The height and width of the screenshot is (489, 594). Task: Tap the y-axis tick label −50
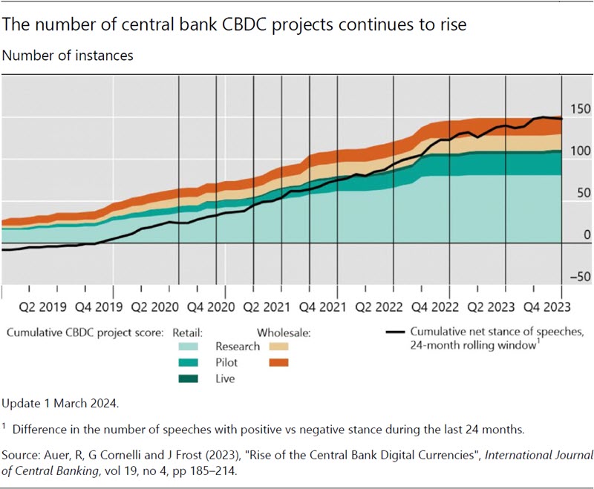[x=578, y=278]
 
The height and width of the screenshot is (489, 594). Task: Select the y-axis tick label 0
[x=587, y=235]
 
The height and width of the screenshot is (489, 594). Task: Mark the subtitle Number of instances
[x=68, y=56]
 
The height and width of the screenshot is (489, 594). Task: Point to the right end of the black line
[x=562, y=119]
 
